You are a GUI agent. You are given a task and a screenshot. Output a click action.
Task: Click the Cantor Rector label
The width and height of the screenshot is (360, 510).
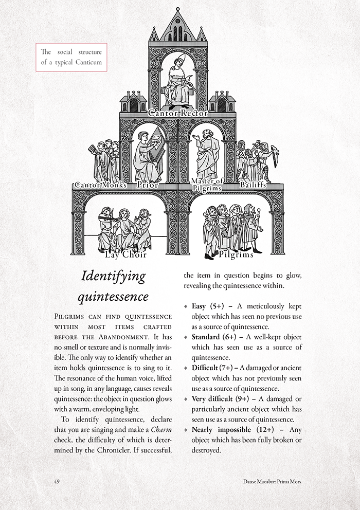pos(178,113)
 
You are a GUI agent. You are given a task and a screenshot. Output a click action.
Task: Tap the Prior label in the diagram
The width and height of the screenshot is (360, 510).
pos(148,185)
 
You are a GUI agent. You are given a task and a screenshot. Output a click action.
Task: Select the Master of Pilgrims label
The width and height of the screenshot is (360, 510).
pos(206,185)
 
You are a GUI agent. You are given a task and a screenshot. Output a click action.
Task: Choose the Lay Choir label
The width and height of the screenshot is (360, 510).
pos(126,254)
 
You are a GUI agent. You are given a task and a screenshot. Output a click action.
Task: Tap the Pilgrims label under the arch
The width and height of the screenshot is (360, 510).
pos(236,254)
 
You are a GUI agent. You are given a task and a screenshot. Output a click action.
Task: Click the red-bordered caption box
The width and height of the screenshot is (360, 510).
pos(71,57)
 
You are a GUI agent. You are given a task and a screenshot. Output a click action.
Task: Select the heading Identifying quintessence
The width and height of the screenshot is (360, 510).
pos(114,286)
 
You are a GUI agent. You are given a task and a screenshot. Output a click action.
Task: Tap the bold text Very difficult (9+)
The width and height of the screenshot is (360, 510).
pos(218,398)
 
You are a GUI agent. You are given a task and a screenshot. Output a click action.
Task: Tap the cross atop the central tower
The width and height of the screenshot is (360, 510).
pos(178,10)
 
